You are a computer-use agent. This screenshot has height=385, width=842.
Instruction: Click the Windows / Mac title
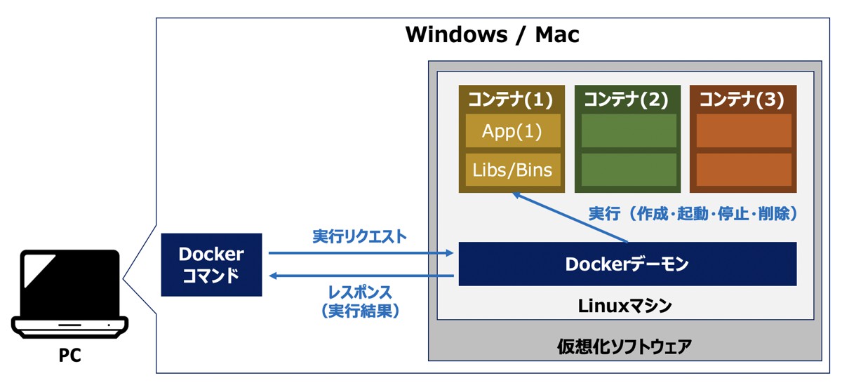click(x=493, y=34)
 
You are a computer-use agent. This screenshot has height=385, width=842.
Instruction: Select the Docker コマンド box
click(x=211, y=264)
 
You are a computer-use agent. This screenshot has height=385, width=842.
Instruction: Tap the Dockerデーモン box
click(x=627, y=264)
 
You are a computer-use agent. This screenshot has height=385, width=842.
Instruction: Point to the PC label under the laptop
click(x=70, y=356)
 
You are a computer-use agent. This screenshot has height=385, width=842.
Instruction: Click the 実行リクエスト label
click(x=359, y=236)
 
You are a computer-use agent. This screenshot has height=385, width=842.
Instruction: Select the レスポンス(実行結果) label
click(x=359, y=301)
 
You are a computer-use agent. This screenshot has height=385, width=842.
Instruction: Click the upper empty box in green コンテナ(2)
click(x=629, y=131)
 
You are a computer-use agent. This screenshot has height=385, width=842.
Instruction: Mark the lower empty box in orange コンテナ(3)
click(x=744, y=170)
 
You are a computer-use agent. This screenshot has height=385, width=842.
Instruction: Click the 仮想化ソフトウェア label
click(x=624, y=346)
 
